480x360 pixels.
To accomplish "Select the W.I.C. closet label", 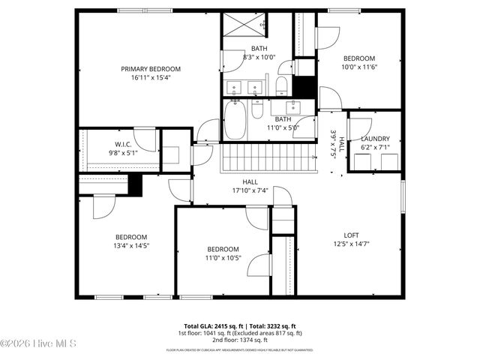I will [124, 144].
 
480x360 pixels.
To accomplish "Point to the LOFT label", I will [351, 235].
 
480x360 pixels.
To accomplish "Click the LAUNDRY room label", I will [375, 139].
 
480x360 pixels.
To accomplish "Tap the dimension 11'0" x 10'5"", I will [223, 258].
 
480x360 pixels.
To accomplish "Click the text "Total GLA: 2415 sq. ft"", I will [208, 326].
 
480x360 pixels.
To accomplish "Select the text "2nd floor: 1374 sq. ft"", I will [239, 340].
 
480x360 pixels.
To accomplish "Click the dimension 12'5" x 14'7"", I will [351, 244].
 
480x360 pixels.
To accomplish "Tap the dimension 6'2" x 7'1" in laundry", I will [375, 148].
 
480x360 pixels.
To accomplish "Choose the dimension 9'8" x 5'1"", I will [124, 152].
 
